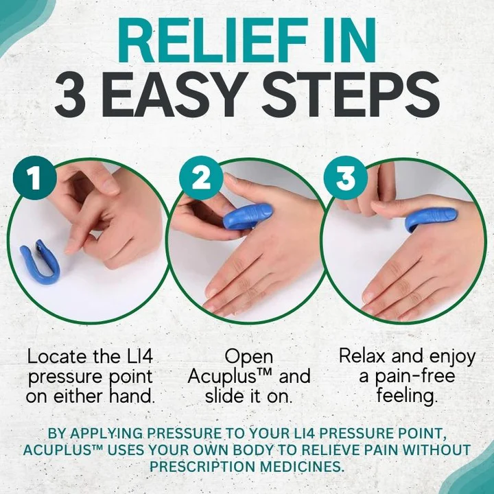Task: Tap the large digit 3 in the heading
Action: pos(73,96)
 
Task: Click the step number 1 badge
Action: pos(34,179)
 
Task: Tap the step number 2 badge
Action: pos(201,179)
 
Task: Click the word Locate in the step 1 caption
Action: pos(58,357)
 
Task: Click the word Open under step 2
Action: pos(248,357)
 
